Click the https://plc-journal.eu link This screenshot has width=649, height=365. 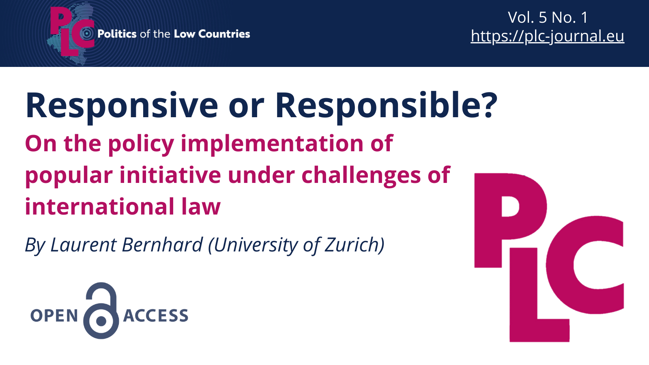[x=547, y=36]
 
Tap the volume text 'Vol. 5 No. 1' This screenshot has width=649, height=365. [x=548, y=17]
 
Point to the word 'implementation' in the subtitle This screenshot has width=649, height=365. [x=272, y=144]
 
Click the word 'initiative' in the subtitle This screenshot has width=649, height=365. [x=170, y=175]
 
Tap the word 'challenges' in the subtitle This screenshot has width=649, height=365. [x=361, y=176]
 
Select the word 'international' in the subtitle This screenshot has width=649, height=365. [x=99, y=207]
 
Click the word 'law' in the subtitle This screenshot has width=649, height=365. [x=201, y=207]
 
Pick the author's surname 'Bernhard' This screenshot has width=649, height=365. [x=162, y=245]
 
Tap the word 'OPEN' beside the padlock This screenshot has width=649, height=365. [x=54, y=316]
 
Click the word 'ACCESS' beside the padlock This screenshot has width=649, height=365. [x=156, y=316]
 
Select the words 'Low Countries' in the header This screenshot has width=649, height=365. [x=212, y=34]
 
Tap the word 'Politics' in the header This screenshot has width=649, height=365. [x=117, y=34]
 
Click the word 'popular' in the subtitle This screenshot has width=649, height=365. [x=69, y=176]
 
